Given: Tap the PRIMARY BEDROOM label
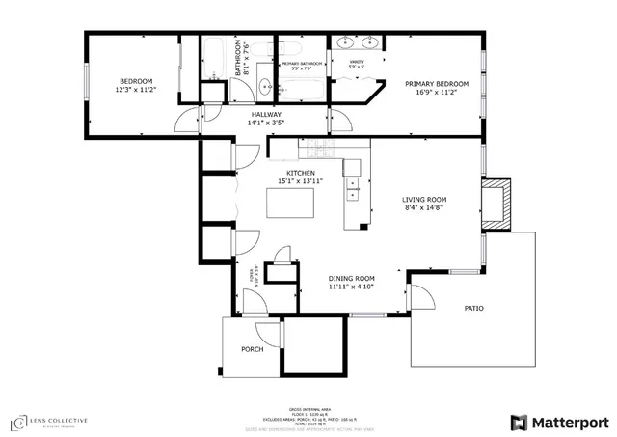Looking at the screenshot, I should point(437,84).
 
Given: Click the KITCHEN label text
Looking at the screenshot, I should point(300,173).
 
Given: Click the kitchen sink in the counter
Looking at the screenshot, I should point(353,182).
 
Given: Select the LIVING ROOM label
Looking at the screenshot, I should point(424,201).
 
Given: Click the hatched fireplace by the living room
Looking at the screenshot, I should point(495,205).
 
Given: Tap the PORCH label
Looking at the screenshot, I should point(253,349).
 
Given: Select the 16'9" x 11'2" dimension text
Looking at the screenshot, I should point(437,93).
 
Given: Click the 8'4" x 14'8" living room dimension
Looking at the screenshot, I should point(424,209).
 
